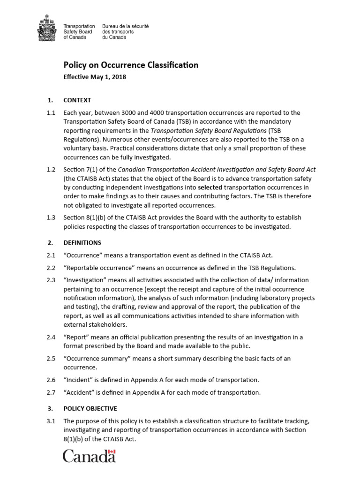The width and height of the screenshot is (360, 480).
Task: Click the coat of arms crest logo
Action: point(46,29)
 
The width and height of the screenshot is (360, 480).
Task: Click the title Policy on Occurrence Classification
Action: point(131,65)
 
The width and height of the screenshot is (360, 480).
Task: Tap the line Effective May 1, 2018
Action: point(95,77)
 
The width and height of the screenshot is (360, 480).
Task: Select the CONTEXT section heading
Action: point(77,100)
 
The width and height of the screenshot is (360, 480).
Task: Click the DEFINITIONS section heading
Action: point(82,243)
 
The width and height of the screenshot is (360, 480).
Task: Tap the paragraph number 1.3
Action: point(51,217)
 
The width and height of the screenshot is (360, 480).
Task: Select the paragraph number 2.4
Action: point(51,337)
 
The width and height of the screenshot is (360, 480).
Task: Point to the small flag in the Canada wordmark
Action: point(111,452)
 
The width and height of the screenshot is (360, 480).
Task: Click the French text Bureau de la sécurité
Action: point(125,27)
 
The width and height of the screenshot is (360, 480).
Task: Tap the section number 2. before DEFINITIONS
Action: point(50,243)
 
